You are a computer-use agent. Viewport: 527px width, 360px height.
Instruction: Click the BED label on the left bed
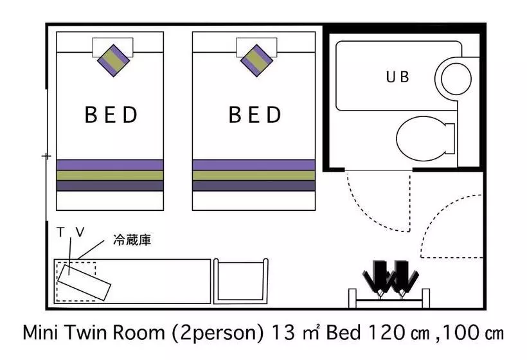pyautogui.click(x=111, y=114)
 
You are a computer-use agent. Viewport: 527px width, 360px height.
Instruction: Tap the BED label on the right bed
pyautogui.click(x=255, y=114)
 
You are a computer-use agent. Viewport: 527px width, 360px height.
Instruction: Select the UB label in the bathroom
pyautogui.click(x=397, y=77)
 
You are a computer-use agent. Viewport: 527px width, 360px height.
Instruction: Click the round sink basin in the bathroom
pyautogui.click(x=456, y=79)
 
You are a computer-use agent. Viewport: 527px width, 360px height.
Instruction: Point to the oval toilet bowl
pyautogui.click(x=421, y=138)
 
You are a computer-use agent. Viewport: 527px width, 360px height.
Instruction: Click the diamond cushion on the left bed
pyautogui.click(x=113, y=60)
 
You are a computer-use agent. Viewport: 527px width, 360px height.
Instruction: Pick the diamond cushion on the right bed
pyautogui.click(x=257, y=60)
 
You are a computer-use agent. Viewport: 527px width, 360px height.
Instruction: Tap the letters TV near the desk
pyautogui.click(x=71, y=232)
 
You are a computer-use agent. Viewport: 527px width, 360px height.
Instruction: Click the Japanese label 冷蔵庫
pyautogui.click(x=132, y=240)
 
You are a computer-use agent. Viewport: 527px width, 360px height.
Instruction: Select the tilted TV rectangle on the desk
pyautogui.click(x=84, y=282)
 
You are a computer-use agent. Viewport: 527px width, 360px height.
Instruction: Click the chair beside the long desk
pyautogui.click(x=240, y=282)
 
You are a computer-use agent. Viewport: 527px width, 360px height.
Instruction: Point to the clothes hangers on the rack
pyautogui.click(x=391, y=279)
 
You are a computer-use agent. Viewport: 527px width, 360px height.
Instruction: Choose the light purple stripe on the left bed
pyautogui.click(x=110, y=165)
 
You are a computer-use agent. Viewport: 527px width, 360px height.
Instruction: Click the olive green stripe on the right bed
pyautogui.click(x=254, y=175)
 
